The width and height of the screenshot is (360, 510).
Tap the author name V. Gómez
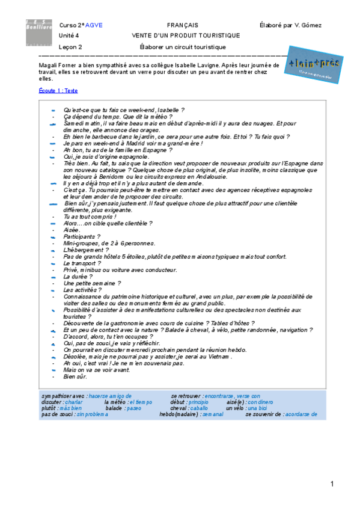pyautogui.click(x=309, y=25)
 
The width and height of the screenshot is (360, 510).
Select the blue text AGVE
pyautogui.click(x=94, y=25)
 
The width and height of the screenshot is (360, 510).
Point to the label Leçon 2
pyautogui.click(x=71, y=46)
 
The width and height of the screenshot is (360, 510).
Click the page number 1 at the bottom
pyautogui.click(x=331, y=484)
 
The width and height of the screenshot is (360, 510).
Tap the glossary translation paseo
pyautogui.click(x=134, y=408)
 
